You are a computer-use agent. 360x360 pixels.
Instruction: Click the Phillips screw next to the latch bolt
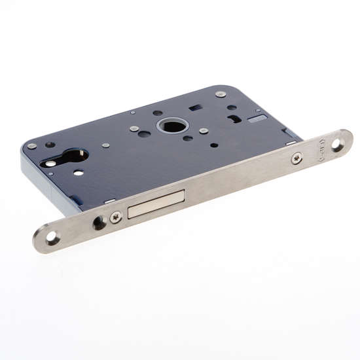(x=116, y=217)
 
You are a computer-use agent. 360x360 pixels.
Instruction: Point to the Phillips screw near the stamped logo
(x=297, y=157)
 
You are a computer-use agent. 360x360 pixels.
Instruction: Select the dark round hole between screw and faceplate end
(x=99, y=223)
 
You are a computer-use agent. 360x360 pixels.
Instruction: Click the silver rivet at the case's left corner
(x=31, y=145)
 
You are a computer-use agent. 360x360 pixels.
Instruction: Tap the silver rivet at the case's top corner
(x=221, y=94)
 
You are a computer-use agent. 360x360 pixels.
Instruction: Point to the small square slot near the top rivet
(x=194, y=107)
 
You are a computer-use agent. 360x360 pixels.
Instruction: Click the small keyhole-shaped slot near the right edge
(x=234, y=118)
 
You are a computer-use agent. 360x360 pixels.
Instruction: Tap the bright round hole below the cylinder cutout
(x=79, y=173)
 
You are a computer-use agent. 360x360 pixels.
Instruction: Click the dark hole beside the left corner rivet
(x=50, y=145)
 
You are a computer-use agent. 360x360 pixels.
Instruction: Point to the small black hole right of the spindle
(x=213, y=144)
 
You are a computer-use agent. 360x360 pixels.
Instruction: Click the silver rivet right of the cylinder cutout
(x=105, y=145)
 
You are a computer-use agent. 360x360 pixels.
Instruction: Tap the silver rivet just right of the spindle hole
(x=204, y=131)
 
